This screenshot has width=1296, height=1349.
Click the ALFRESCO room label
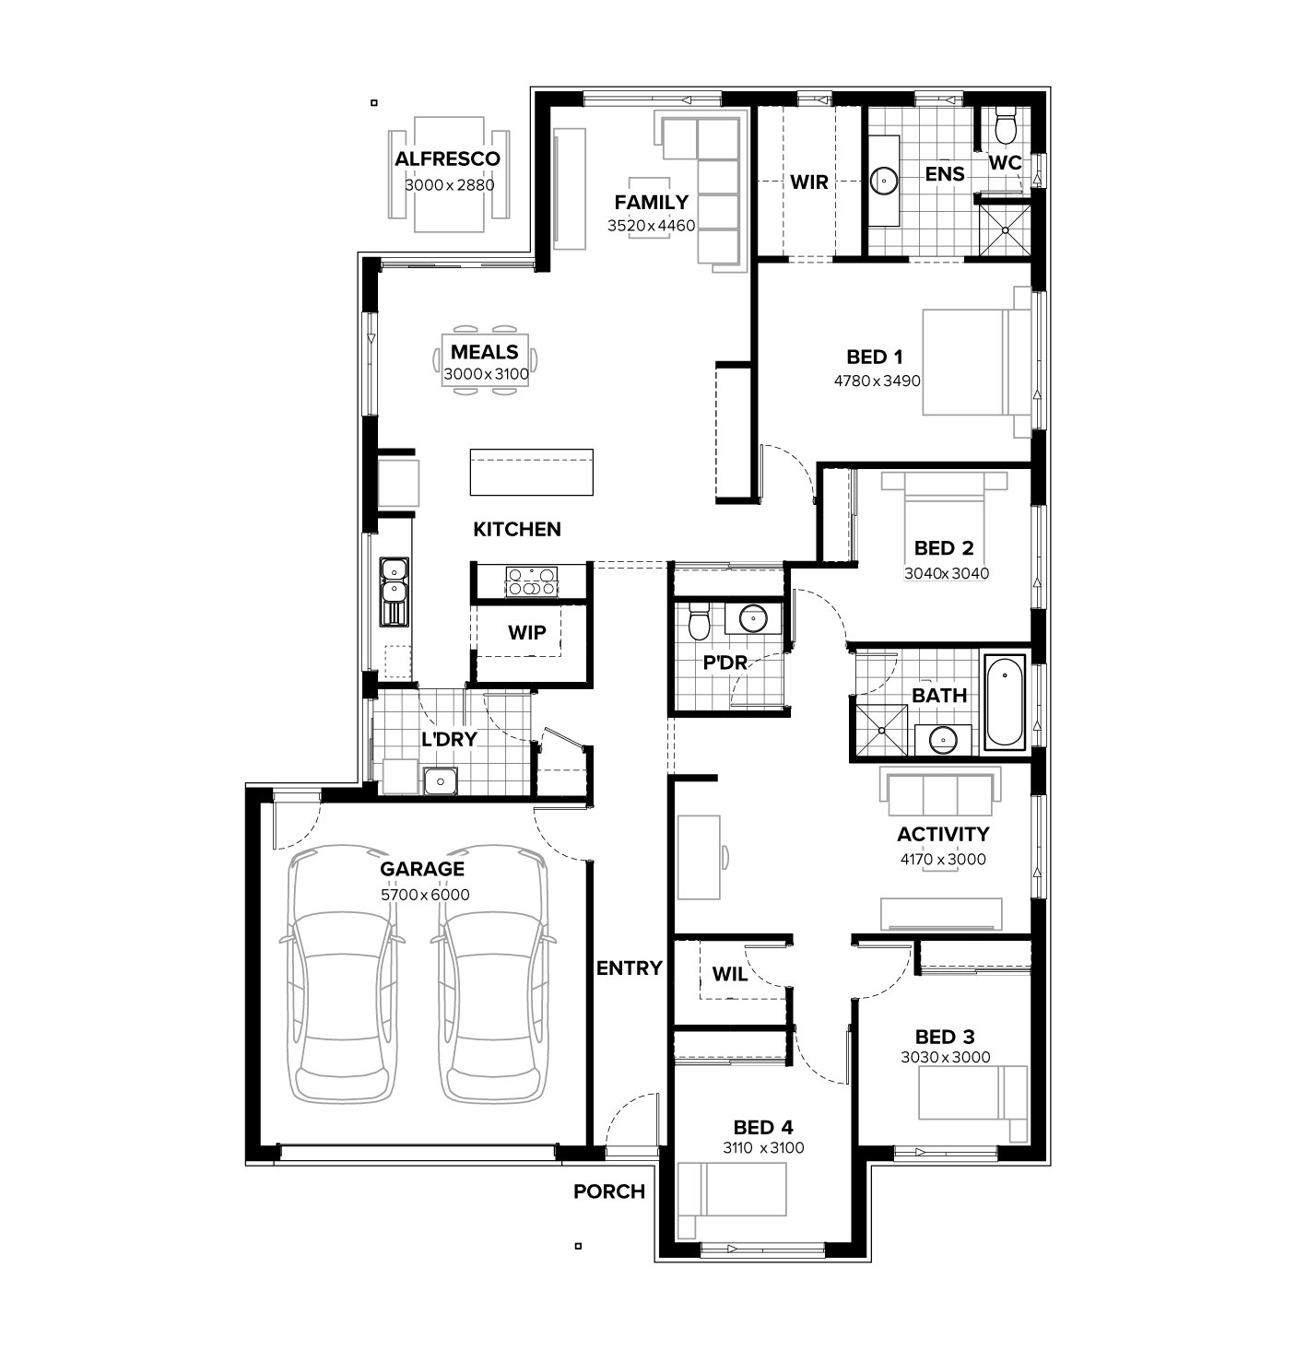pos(447,158)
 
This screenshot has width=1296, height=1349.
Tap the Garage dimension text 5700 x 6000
pos(425,895)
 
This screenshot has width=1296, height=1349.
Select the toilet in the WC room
pos(1005,125)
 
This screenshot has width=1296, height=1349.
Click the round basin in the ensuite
pos(885,181)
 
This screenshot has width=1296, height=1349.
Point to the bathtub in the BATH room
pos(1005,701)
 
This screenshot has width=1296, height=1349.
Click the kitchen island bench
pos(531,472)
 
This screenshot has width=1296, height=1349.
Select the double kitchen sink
pos(394,592)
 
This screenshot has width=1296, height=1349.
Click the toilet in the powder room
pos(699,620)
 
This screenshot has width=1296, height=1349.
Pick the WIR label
pos(809,182)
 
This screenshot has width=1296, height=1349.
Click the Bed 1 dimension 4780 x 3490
pos(878,381)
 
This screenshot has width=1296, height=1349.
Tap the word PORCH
pos(609,1191)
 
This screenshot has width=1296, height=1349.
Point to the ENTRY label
pos(630,968)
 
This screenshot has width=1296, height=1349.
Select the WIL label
pos(729,975)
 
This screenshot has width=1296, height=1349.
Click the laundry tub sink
pos(440,780)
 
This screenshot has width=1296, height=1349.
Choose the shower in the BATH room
pos(881,730)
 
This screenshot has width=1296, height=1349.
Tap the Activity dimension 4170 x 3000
pos(943,860)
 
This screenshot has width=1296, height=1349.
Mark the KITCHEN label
pos(517,530)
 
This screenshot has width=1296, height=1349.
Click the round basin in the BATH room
pos(943,740)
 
